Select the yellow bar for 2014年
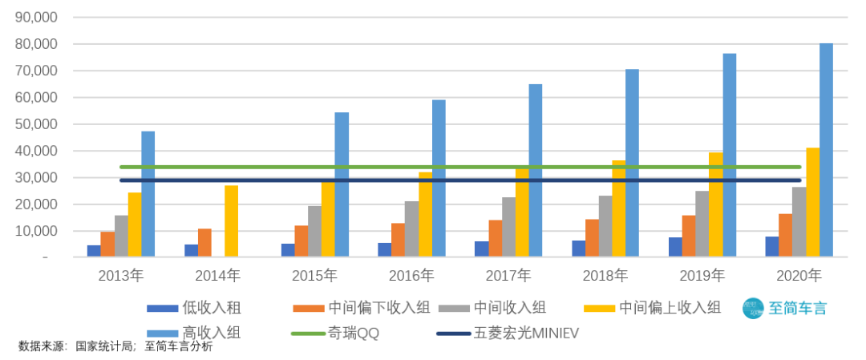(x=231, y=221)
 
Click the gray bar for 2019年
(x=702, y=224)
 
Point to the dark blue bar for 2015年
(x=287, y=250)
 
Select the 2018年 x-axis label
(x=605, y=276)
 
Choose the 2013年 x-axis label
(x=120, y=276)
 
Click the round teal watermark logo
(x=754, y=309)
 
